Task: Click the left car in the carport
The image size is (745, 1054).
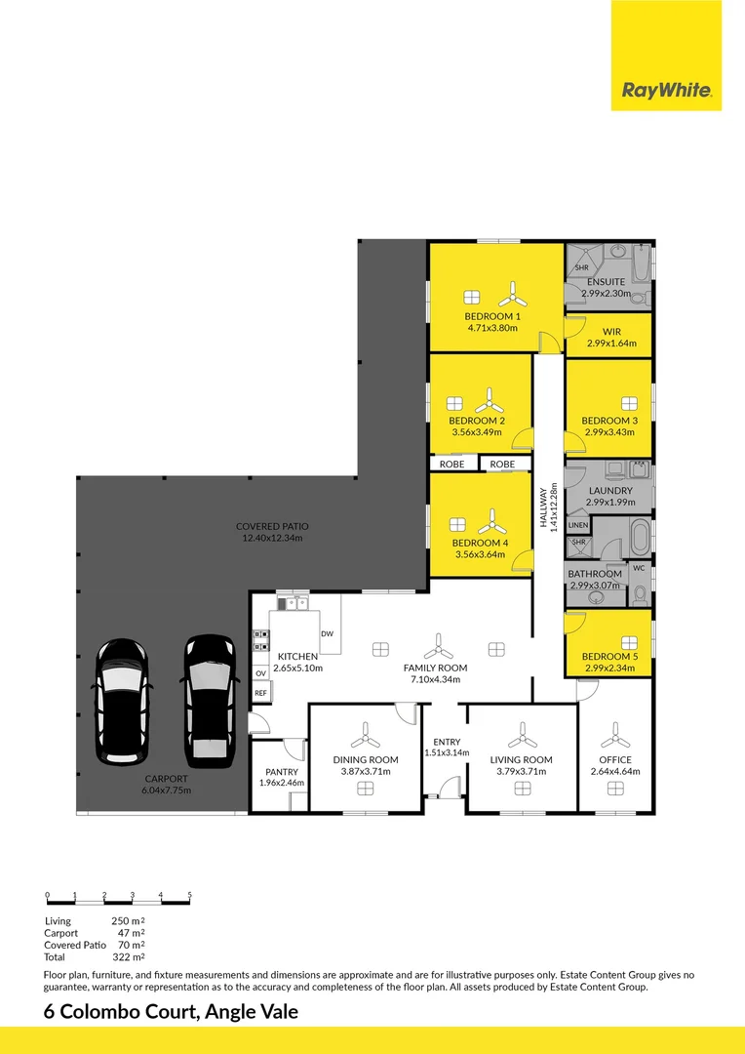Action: (121, 701)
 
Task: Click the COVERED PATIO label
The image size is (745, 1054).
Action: (271, 526)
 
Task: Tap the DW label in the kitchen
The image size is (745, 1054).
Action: (327, 634)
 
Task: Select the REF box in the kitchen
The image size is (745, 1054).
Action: (260, 693)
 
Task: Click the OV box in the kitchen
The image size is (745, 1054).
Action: (260, 673)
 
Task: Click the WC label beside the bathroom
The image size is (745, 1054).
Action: (640, 567)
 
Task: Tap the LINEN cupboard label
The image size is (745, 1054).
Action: (578, 525)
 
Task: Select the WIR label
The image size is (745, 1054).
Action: (611, 332)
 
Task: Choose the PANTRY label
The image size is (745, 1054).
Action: (280, 772)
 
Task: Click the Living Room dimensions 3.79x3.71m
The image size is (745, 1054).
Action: (521, 772)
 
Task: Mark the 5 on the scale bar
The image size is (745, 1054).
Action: (190, 895)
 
